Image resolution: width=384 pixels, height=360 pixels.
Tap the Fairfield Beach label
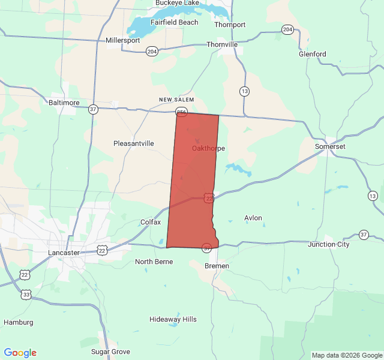coord(174,22)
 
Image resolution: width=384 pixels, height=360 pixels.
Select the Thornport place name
coord(230,25)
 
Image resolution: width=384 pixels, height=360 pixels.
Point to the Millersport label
coord(122,40)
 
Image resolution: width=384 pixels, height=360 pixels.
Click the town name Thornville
coord(222,44)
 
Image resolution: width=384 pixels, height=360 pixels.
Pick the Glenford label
coord(313,54)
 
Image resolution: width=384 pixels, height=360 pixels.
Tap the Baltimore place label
coord(64,103)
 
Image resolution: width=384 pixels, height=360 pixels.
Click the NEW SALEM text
coord(177,100)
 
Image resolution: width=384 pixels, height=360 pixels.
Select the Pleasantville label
coord(134,143)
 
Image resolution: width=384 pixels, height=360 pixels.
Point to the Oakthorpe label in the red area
coord(208,148)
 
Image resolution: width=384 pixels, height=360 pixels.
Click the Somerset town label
coord(331,146)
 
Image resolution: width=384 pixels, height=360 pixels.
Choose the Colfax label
coord(151,222)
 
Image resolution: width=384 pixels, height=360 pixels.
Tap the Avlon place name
coord(253,218)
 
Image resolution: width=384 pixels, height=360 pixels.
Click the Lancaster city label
coord(64,253)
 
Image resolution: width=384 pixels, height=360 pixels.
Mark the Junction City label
coord(328,244)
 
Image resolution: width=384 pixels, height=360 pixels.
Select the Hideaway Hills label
coord(173,319)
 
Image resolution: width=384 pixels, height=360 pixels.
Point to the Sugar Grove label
coord(110,351)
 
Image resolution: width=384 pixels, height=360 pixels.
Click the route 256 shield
coord(182,112)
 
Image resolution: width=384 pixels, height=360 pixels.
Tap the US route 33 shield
coord(26,295)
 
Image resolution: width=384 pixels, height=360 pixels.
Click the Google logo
coord(20,353)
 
